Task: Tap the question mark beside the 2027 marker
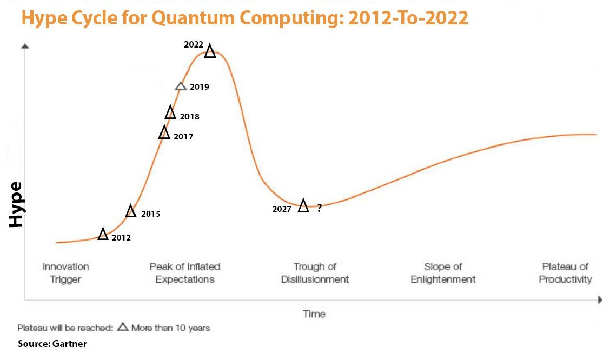(x=320, y=208)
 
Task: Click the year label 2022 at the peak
(x=194, y=45)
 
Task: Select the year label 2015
(x=150, y=214)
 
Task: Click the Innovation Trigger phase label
(x=66, y=273)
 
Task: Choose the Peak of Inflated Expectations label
(x=185, y=273)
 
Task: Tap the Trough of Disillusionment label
(x=315, y=273)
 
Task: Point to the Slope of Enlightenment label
(x=443, y=273)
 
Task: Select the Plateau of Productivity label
(x=565, y=273)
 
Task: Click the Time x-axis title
(x=314, y=314)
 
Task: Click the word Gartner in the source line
(x=70, y=344)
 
